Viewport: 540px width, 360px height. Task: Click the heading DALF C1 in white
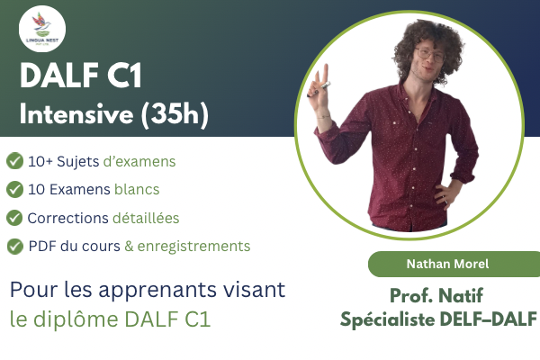(x=80, y=77)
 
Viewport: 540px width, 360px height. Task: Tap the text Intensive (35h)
(x=114, y=115)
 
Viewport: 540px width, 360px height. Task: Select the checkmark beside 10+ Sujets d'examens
(x=14, y=161)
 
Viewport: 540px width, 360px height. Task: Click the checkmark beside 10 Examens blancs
(x=14, y=189)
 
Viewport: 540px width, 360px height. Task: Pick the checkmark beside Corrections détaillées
(x=14, y=218)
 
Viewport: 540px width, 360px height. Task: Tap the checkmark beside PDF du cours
(x=14, y=246)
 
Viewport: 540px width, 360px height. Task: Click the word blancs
(x=137, y=189)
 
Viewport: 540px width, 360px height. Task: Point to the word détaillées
(x=146, y=218)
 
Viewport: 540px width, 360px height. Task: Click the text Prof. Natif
(x=438, y=295)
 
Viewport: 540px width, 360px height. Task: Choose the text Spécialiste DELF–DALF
(x=438, y=318)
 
